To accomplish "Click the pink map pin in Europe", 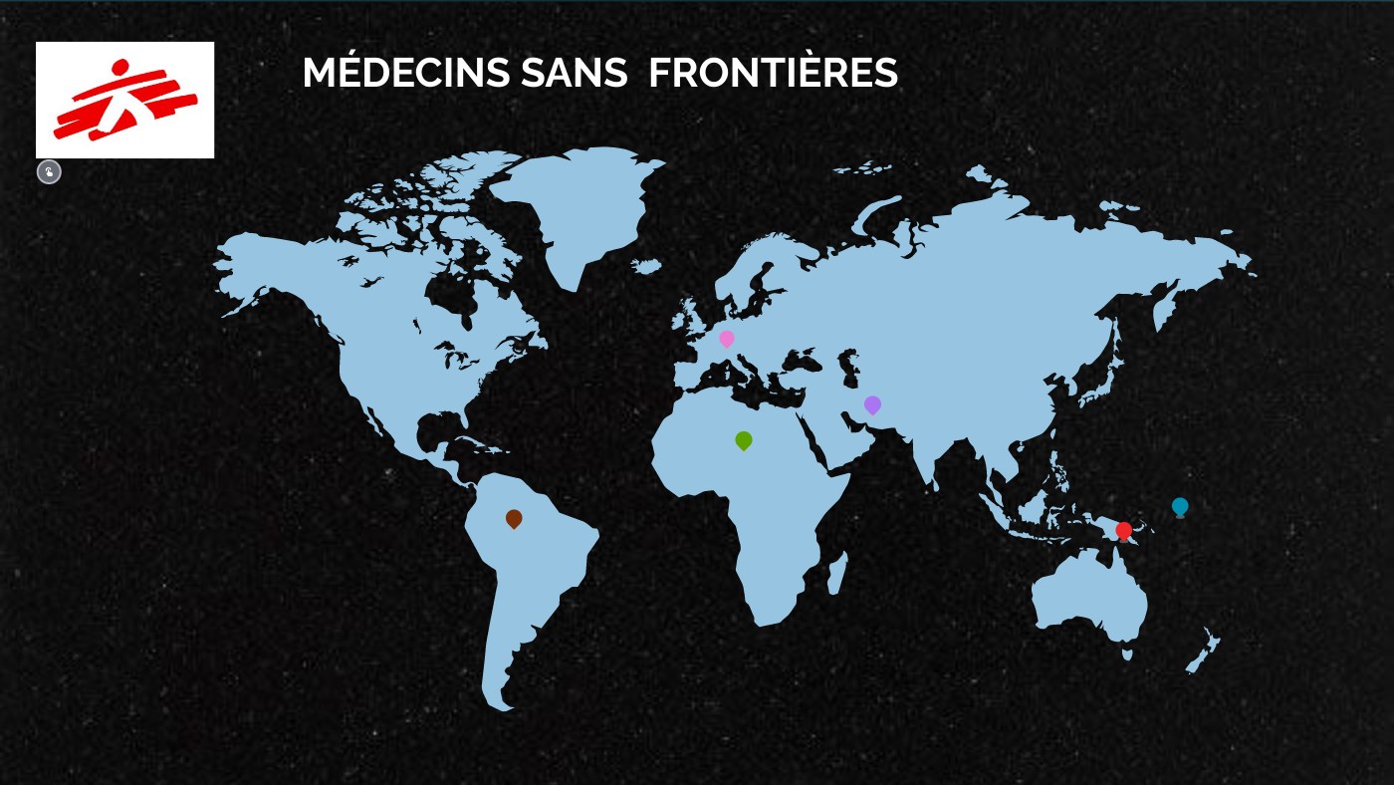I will tap(727, 339).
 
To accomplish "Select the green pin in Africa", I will tap(743, 439).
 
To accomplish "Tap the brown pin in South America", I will tap(514, 518).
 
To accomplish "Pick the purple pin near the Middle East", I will tap(872, 404).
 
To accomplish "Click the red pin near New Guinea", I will tap(1124, 530).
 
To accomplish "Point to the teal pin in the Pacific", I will tap(1180, 506).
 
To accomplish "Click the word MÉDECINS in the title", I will tap(406, 73).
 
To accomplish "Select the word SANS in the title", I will tap(574, 73).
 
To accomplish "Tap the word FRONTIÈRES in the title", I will tap(773, 73).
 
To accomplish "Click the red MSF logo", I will tap(124, 100).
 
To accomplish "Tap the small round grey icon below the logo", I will tap(49, 172).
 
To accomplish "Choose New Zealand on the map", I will tap(1203, 653).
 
